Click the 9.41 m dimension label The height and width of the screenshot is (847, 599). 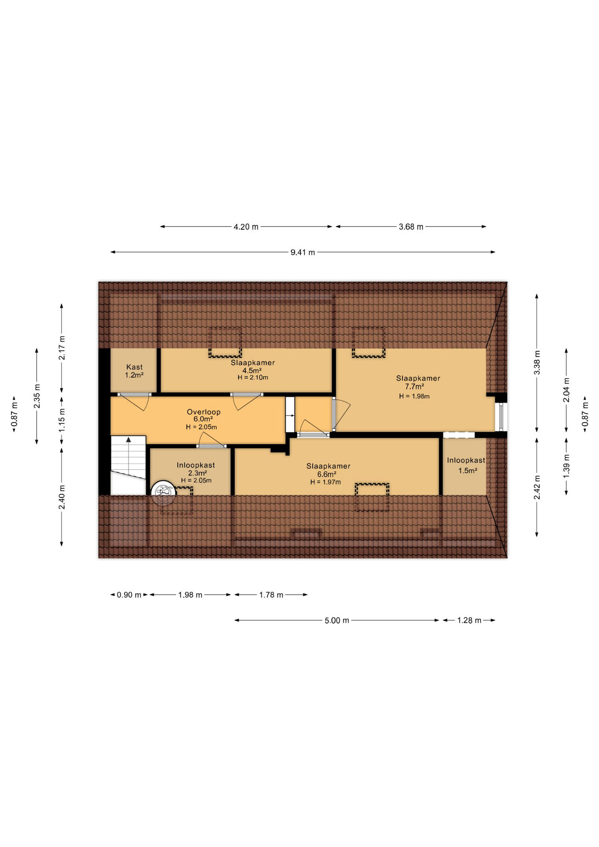(x=303, y=252)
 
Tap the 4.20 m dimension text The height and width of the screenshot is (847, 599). (x=246, y=227)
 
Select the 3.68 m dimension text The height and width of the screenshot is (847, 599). (x=411, y=227)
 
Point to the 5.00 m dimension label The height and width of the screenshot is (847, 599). (x=337, y=620)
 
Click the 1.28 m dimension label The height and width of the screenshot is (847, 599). (x=469, y=620)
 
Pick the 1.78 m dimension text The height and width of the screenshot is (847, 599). (x=271, y=595)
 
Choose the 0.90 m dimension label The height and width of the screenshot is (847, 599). (x=129, y=595)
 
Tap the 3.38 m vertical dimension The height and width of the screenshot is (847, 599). (x=537, y=362)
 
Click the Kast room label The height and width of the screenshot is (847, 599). (x=135, y=367)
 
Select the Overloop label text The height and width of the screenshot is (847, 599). (x=204, y=412)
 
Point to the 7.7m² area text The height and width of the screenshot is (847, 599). (x=415, y=386)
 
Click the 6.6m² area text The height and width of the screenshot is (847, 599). (x=327, y=474)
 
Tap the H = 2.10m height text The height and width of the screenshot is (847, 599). (x=253, y=378)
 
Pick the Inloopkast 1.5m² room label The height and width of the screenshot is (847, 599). (x=466, y=465)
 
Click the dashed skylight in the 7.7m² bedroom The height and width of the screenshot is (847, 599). (x=368, y=342)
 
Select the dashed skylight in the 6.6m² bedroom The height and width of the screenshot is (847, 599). (x=372, y=497)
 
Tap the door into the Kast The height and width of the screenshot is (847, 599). (x=135, y=401)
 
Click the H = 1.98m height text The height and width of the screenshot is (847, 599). (x=414, y=396)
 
